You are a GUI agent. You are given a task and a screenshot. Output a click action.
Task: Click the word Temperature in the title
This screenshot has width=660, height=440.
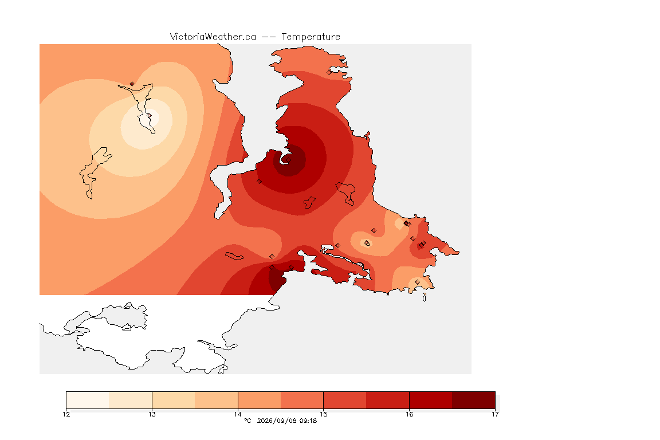click(x=311, y=37)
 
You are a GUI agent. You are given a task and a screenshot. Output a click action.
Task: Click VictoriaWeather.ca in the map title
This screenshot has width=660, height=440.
click(x=213, y=37)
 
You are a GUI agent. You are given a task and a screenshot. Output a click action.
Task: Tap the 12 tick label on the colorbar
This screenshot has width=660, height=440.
click(x=66, y=414)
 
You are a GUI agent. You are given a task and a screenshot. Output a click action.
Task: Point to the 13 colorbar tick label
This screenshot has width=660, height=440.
click(x=152, y=414)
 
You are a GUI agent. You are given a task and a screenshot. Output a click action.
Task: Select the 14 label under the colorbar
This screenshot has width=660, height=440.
click(x=238, y=414)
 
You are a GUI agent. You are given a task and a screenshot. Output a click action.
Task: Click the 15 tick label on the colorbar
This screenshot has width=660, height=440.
click(x=323, y=414)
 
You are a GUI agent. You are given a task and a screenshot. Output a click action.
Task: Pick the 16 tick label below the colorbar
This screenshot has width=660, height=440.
click(x=409, y=414)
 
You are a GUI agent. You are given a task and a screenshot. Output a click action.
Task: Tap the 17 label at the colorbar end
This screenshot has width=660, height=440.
click(x=495, y=414)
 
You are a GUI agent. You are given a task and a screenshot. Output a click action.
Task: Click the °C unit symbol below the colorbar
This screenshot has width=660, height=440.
click(x=247, y=421)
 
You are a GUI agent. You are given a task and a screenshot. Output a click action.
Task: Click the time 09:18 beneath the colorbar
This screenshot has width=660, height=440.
click(x=308, y=421)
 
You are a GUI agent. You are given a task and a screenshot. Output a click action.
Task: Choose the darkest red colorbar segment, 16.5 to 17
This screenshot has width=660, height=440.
click(x=474, y=400)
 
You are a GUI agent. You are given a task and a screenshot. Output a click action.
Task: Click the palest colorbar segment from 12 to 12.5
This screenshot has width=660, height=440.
click(x=88, y=400)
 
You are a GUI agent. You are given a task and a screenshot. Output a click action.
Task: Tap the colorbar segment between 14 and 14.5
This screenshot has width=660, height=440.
click(x=260, y=400)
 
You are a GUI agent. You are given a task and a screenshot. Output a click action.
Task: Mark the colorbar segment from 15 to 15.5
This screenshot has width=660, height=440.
click(x=345, y=400)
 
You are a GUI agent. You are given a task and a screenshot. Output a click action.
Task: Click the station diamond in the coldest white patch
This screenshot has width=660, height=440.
click(x=149, y=115)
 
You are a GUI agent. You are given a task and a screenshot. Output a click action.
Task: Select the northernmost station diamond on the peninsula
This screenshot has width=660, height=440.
click(x=329, y=72)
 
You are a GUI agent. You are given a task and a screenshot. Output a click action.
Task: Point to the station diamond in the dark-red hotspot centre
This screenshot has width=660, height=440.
click(x=288, y=160)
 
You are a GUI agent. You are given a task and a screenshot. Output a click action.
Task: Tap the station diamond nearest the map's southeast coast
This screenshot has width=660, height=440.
click(x=417, y=282)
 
